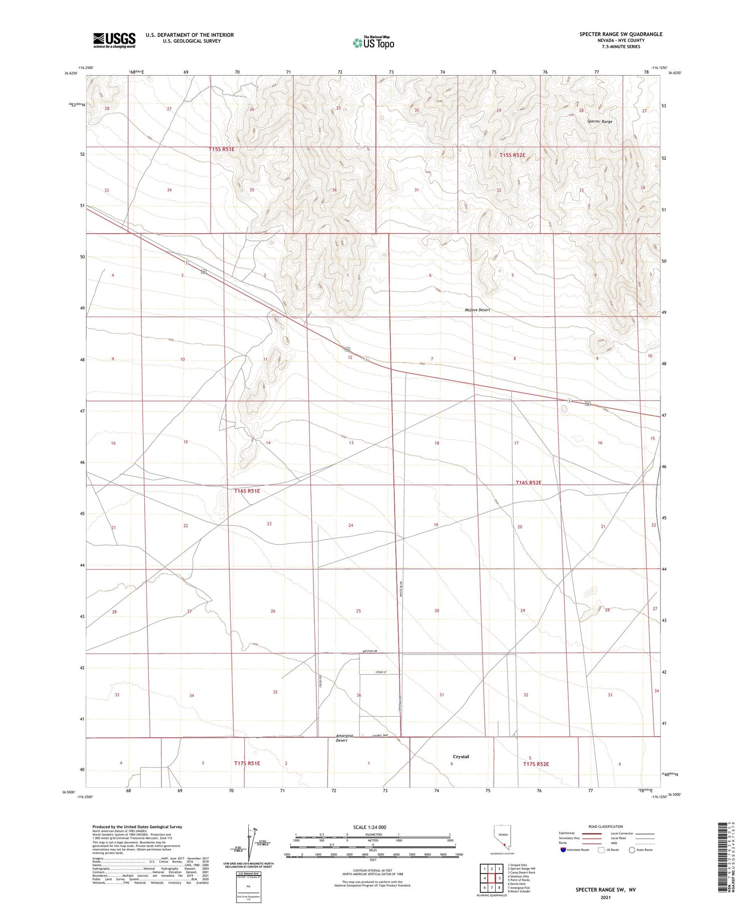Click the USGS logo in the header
coord(114,40)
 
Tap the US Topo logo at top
coord(373,43)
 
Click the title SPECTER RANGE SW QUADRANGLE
coord(621,34)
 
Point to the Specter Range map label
coord(600,122)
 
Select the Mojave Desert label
coord(477,310)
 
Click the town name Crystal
coord(461,757)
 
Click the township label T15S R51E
coord(229,149)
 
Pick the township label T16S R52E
coord(529,483)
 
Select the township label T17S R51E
coord(247,763)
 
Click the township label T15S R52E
coord(512,155)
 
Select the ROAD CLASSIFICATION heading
coord(606,826)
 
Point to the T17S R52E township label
coord(536,764)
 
